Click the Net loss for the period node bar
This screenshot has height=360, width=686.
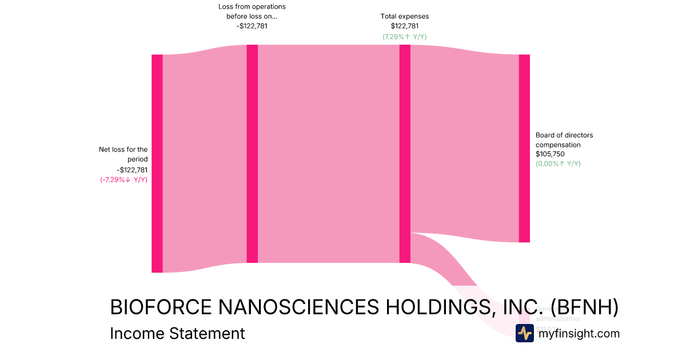coord(157,163)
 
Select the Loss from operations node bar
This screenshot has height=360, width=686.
coord(252,154)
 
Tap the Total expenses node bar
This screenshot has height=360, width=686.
coord(405,154)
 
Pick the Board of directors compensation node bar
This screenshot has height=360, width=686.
coord(524,149)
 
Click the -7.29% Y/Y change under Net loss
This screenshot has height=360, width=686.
coord(123,179)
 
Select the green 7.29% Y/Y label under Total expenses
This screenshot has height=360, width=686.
coord(405,37)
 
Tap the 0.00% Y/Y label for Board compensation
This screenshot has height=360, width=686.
coord(558,163)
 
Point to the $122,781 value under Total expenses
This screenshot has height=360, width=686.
coord(405,26)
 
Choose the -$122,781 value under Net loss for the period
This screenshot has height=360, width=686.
coord(132,170)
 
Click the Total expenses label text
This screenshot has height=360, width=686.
coord(405,17)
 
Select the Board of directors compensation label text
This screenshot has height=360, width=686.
coord(564,140)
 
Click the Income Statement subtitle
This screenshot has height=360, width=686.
coord(177,333)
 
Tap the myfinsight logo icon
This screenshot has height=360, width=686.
coord(524,333)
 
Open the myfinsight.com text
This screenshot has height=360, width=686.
coord(579,333)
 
